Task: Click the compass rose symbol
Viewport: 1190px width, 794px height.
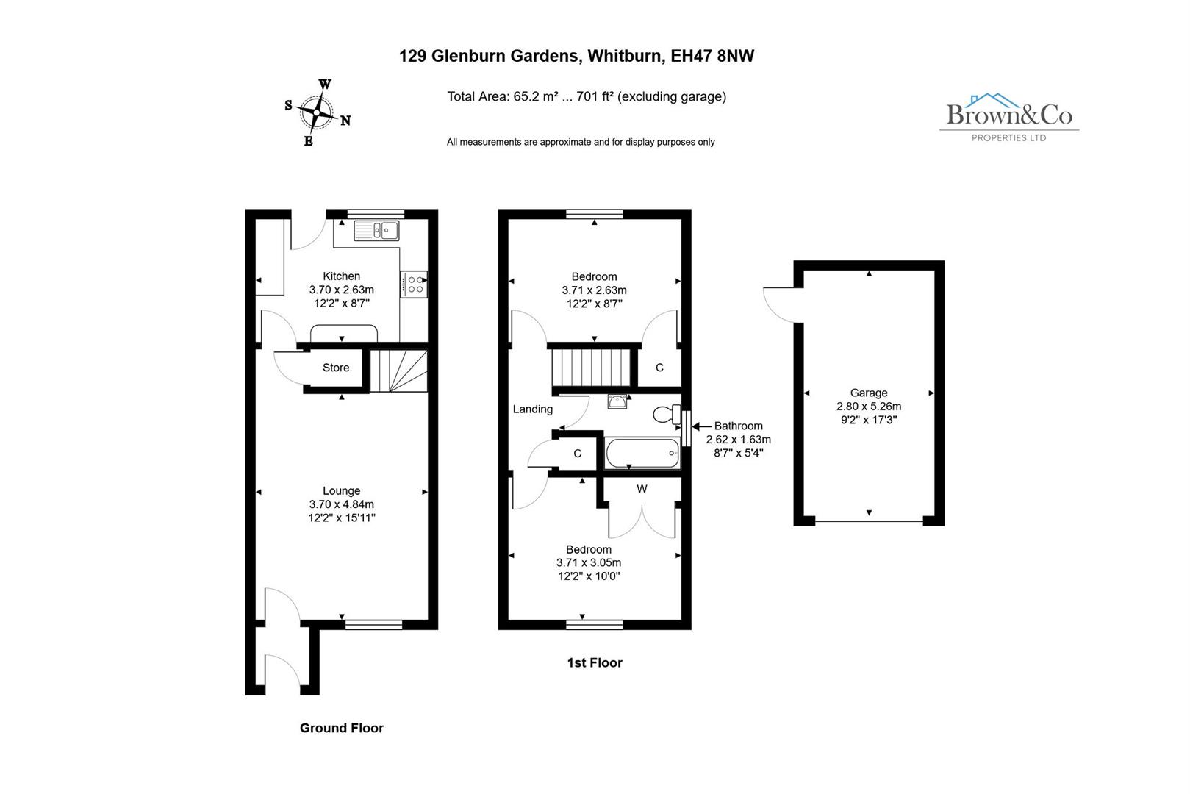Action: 318,112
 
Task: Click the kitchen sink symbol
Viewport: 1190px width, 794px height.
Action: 376,231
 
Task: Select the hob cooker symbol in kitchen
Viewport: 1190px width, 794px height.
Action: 414,285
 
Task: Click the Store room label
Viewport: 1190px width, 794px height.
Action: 336,368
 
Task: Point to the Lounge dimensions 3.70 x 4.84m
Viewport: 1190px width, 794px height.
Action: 342,504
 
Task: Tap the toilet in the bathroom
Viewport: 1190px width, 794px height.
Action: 667,415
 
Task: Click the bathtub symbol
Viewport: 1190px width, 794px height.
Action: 642,453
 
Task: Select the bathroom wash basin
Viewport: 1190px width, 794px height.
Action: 617,401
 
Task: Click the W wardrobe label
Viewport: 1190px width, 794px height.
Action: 642,489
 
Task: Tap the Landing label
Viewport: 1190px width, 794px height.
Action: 532,409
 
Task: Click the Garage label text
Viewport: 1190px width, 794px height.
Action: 869,393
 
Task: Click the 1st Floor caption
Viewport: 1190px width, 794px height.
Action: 594,662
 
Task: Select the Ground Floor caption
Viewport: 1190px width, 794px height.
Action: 342,728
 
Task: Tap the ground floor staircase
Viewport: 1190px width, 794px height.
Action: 398,371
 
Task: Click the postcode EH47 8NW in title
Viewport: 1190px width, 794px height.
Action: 712,56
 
